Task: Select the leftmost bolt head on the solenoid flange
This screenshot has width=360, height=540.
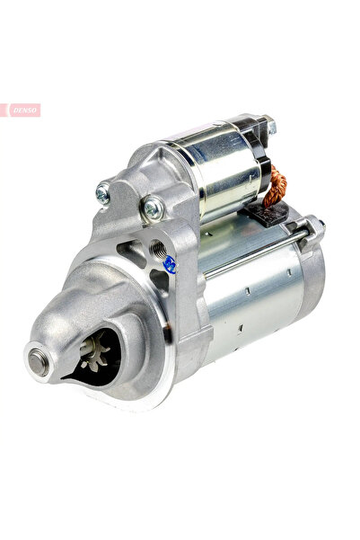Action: pos(103,191)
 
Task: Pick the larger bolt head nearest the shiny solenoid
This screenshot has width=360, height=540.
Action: pos(154,208)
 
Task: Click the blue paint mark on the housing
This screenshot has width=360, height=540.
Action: pos(169,264)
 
